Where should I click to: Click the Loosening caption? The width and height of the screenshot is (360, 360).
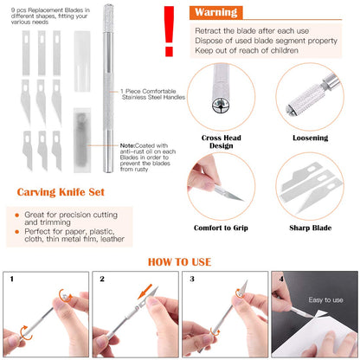(310, 136)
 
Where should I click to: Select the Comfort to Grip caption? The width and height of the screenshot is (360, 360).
(222, 228)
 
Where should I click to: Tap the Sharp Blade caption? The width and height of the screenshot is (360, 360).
(310, 228)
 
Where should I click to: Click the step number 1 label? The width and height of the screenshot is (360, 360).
(11, 280)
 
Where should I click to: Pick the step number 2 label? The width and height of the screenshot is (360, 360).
(101, 280)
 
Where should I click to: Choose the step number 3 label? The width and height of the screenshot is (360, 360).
(192, 280)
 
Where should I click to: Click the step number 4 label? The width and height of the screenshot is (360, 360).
(280, 280)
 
